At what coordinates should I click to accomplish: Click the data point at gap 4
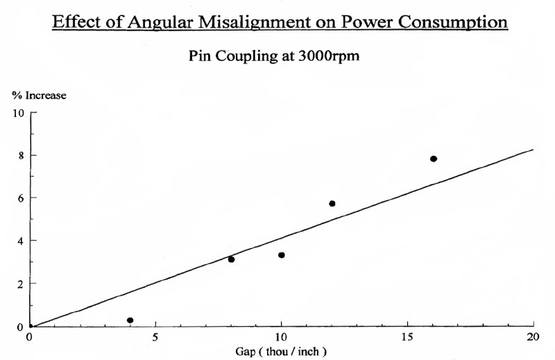click(x=130, y=320)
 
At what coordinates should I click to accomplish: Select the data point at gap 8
click(x=231, y=259)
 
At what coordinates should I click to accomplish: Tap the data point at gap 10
click(x=281, y=255)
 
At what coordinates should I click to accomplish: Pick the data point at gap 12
click(x=332, y=203)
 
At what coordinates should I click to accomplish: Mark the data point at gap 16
click(x=434, y=159)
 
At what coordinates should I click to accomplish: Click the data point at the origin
click(x=30, y=326)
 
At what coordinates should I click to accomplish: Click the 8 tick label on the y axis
click(x=21, y=155)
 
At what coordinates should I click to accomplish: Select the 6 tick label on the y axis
click(x=21, y=198)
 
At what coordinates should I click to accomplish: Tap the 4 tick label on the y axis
click(x=21, y=241)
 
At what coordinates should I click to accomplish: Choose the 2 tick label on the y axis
click(x=21, y=284)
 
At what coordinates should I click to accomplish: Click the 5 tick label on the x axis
click(x=155, y=337)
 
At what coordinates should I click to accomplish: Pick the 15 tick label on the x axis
click(x=407, y=337)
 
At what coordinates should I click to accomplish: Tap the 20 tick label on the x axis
click(x=533, y=337)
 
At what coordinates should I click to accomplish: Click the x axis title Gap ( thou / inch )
click(x=281, y=351)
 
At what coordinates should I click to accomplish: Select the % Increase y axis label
click(x=39, y=96)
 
